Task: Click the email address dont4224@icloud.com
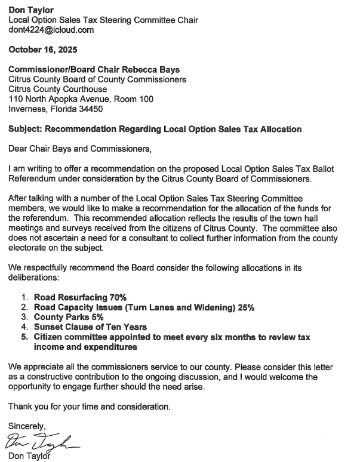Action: [51, 30]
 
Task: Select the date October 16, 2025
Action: [42, 50]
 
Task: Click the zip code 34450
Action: [90, 109]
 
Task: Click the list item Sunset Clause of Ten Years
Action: [90, 327]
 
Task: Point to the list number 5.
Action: [24, 337]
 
